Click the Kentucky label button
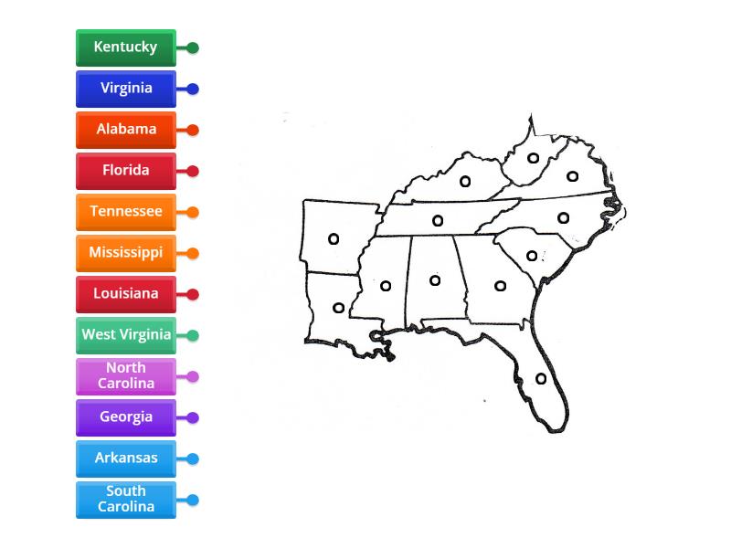(125, 47)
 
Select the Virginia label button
(125, 89)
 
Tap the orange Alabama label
(125, 130)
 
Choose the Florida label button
(125, 171)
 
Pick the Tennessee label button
(125, 212)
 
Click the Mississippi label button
(125, 253)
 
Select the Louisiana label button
(125, 294)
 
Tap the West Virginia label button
(125, 335)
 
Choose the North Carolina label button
(125, 376)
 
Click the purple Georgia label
(125, 417)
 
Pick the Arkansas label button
(125, 458)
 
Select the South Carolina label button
(125, 500)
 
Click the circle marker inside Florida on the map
(541, 378)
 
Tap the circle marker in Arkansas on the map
(334, 239)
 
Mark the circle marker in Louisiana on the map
(338, 308)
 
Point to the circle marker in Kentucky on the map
(465, 182)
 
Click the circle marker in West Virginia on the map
(534, 158)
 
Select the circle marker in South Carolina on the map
(532, 256)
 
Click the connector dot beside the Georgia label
(193, 417)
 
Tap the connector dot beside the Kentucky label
(193, 47)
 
